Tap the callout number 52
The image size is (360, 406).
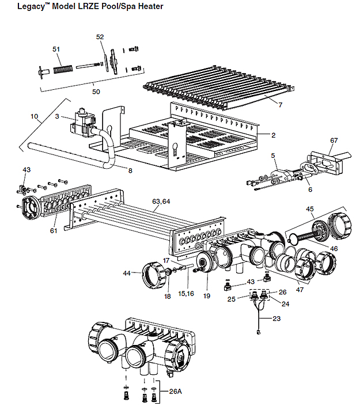(x=100, y=37)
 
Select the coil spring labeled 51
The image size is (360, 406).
(x=63, y=69)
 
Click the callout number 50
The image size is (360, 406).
(x=96, y=92)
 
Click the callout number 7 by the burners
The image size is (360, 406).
(x=281, y=105)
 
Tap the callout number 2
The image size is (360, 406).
(x=273, y=135)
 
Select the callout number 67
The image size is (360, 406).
(x=334, y=141)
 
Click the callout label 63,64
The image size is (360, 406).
(x=161, y=202)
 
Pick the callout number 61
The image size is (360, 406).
(x=54, y=230)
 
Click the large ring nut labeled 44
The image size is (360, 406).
(x=153, y=275)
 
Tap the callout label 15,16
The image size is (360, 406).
(x=186, y=294)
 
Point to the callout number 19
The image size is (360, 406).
(x=207, y=295)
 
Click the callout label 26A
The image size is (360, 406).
(x=175, y=392)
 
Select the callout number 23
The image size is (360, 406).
(x=276, y=318)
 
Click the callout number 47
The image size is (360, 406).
(x=300, y=290)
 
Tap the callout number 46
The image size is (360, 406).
(x=334, y=249)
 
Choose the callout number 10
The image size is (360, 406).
(x=34, y=116)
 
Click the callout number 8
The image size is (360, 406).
(x=130, y=170)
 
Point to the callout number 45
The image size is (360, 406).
(x=310, y=209)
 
